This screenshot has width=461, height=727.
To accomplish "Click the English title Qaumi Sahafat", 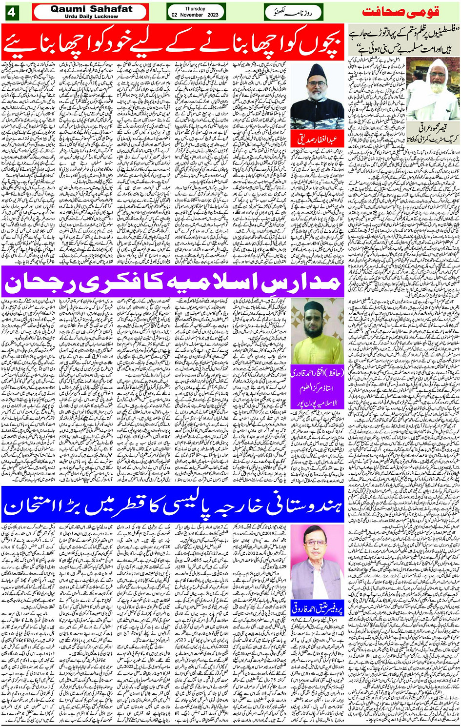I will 91,9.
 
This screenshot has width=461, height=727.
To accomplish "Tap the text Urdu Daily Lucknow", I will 91,16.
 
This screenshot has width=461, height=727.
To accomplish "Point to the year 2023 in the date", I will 213,15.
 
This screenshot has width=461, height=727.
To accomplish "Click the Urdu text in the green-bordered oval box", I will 293,12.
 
